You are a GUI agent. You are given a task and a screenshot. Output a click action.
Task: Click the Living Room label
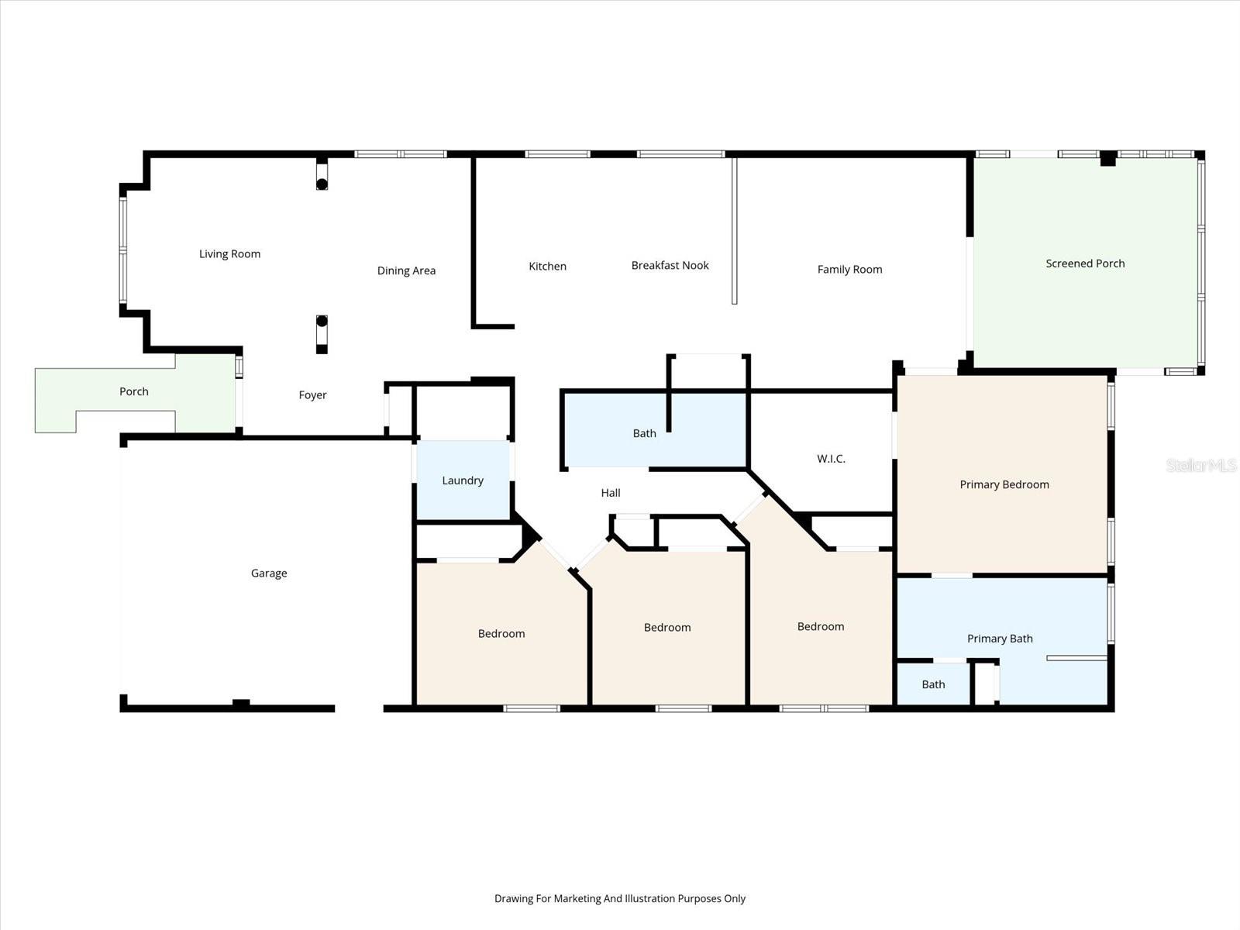point(229,254)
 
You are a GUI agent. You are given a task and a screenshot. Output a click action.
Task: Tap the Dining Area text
point(406,270)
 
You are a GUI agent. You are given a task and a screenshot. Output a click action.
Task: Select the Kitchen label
point(547,267)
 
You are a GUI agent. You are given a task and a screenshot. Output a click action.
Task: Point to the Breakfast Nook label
point(670,266)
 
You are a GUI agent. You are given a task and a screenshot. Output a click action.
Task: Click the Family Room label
point(849,270)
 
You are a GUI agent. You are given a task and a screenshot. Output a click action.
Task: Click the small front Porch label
point(133,392)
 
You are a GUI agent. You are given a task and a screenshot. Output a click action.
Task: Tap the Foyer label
point(312,395)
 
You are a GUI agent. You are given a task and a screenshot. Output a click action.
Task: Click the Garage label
point(269,573)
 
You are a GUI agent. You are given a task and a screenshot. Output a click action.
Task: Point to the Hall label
point(611,493)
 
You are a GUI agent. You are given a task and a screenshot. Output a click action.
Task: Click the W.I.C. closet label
point(831,459)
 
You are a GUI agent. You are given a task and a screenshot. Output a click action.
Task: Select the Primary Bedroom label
point(1004,485)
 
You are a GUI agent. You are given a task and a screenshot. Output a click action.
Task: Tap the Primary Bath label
point(999,639)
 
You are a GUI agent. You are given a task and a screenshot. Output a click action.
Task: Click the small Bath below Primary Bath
point(933,684)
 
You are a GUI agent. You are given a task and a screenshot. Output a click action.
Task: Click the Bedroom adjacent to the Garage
point(501,634)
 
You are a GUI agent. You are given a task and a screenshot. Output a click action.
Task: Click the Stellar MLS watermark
point(1200,465)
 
